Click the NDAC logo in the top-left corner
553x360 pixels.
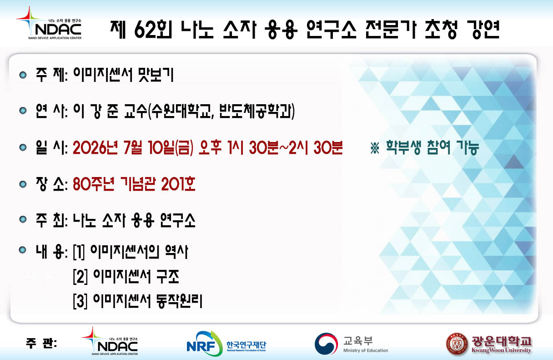(49, 23)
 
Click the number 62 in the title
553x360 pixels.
(145, 30)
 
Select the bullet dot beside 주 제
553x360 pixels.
(23, 75)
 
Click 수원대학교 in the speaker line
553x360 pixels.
(181, 111)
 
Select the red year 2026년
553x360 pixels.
(95, 147)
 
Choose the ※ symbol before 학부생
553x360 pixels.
(375, 148)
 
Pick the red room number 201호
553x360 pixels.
(178, 184)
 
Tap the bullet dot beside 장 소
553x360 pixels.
(23, 184)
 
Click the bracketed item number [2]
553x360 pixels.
(80, 277)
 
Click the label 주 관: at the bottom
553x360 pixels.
(41, 343)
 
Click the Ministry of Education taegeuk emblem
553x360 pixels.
(326, 344)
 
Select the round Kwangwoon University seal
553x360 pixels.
(457, 344)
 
